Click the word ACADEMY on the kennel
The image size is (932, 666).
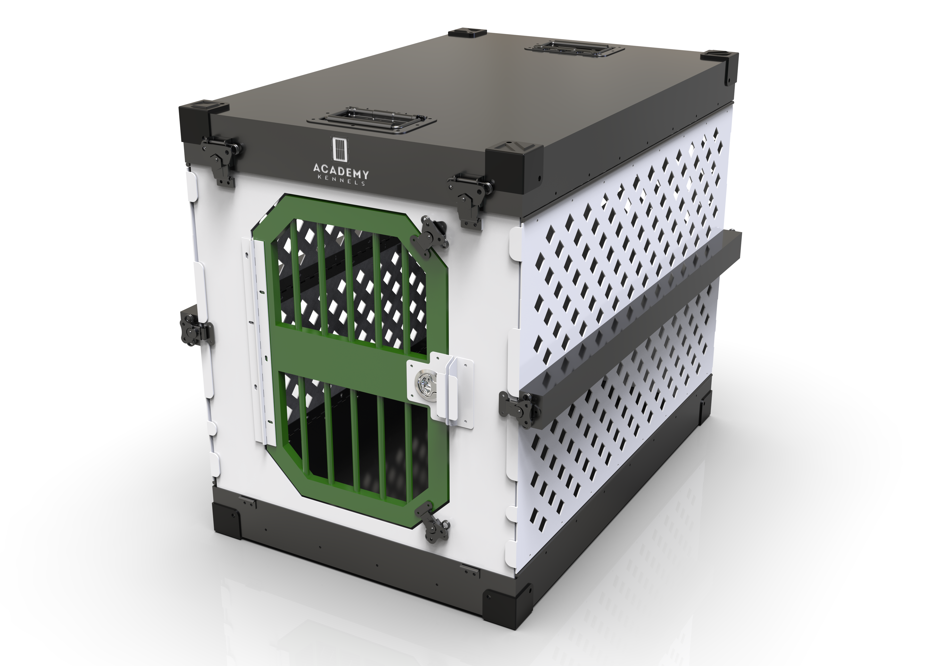341,170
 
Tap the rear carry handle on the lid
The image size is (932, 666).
574,49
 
